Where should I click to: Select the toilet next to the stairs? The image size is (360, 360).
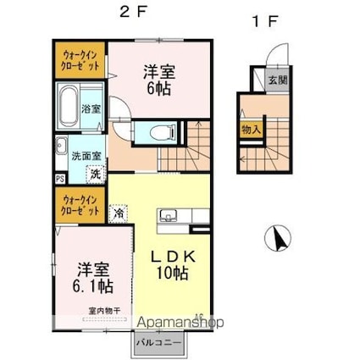coord(161,130)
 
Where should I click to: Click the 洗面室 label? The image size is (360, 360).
coord(87,156)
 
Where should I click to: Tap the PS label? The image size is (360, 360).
coord(59,179)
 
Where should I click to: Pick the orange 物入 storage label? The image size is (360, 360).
coord(251,130)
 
